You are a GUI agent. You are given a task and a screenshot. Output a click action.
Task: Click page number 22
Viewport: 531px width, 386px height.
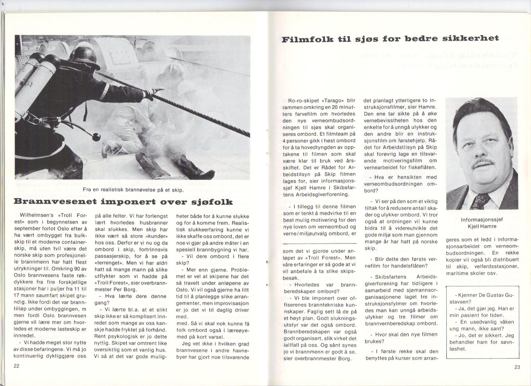[17, 366]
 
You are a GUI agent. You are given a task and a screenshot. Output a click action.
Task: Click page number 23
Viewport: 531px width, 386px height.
[517, 367]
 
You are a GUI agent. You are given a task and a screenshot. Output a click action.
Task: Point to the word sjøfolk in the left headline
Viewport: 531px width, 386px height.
[211, 202]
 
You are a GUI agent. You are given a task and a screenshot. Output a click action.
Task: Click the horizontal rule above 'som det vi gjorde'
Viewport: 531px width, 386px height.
[320, 243]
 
